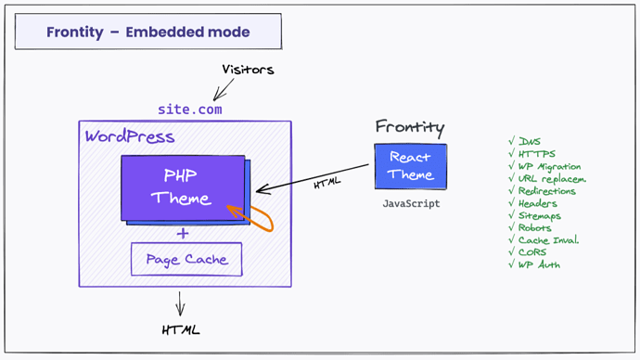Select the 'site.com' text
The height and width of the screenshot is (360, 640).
[190, 109]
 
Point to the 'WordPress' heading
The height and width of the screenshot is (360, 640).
[130, 137]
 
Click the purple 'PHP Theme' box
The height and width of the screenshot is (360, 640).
[183, 186]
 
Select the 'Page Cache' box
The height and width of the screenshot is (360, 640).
[186, 259]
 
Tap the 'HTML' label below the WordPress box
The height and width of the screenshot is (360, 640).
[181, 329]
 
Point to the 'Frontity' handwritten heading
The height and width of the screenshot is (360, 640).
[410, 127]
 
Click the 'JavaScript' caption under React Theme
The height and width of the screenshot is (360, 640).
[410, 203]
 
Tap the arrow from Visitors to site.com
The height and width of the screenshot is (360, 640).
[222, 88]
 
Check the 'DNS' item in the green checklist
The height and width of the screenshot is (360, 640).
[530, 142]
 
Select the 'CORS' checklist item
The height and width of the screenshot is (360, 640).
[532, 252]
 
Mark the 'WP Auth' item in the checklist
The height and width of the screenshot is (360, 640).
[539, 264]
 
